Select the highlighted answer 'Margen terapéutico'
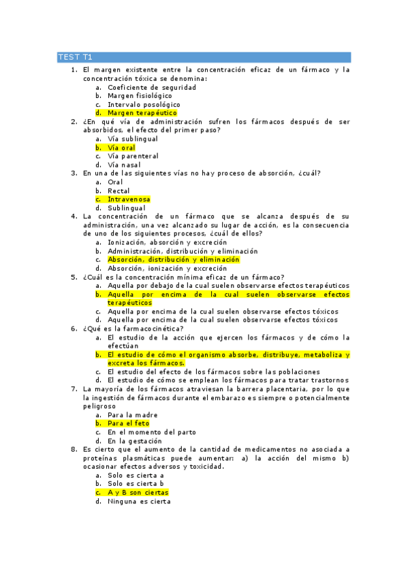(x=142, y=113)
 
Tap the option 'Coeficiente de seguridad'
(x=152, y=87)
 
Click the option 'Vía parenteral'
(x=133, y=156)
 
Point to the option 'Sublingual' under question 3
(x=126, y=208)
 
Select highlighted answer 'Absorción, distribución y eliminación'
(x=174, y=260)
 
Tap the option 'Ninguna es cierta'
(x=139, y=501)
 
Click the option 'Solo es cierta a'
(x=136, y=476)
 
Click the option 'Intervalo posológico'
(x=144, y=105)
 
